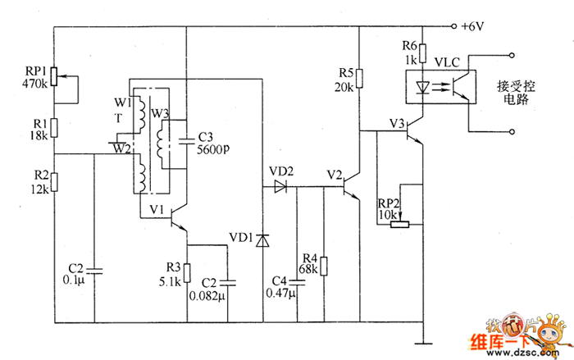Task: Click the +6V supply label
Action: pyautogui.click(x=472, y=26)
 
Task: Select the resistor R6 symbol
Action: pyautogui.click(x=423, y=53)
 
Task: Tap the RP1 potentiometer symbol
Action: pyautogui.click(x=54, y=76)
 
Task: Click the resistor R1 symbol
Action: pyautogui.click(x=54, y=128)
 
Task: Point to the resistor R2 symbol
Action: pyautogui.click(x=54, y=182)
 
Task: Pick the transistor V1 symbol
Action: pyautogui.click(x=179, y=218)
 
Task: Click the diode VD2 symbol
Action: pyautogui.click(x=280, y=186)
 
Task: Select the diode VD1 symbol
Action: pyautogui.click(x=262, y=240)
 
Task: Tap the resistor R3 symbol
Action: pyautogui.click(x=187, y=273)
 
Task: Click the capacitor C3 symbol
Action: pyautogui.click(x=187, y=141)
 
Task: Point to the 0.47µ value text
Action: pyautogui.click(x=280, y=294)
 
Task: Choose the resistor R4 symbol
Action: pyautogui.click(x=324, y=267)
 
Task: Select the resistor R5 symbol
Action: pyautogui.click(x=359, y=79)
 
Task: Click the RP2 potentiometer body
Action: pyautogui.click(x=400, y=224)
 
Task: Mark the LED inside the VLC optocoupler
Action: pyautogui.click(x=423, y=87)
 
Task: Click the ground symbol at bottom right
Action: pyautogui.click(x=423, y=344)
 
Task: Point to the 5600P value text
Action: pyautogui.click(x=213, y=149)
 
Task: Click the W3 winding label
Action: pyautogui.click(x=160, y=113)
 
